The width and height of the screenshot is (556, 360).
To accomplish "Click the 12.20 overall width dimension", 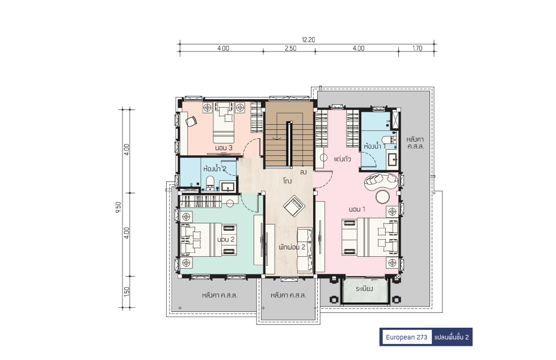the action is [x=308, y=40].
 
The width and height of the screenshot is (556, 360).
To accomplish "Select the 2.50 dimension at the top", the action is [x=290, y=48].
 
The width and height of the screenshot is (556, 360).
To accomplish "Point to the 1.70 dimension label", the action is [x=418, y=48].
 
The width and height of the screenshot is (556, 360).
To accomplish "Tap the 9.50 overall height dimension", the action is [x=119, y=207].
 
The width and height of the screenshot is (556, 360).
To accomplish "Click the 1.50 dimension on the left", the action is [x=127, y=292].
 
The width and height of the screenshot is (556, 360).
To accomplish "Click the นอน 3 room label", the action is [x=224, y=148].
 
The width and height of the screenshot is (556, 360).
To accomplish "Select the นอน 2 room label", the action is [x=226, y=239].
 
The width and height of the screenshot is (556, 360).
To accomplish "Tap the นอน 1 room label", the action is [x=357, y=209].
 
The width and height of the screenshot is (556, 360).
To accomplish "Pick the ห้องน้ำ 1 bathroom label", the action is [x=374, y=146].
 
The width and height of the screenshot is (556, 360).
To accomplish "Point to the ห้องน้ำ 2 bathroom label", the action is [x=214, y=169].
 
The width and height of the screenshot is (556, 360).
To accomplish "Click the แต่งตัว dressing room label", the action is [x=342, y=159].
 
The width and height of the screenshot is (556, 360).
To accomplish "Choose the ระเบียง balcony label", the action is [x=364, y=289].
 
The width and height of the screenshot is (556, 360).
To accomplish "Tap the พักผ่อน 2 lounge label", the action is [x=292, y=247].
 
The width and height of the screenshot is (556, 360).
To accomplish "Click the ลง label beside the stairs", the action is [x=303, y=172].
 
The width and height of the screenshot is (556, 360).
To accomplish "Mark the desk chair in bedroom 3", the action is [x=191, y=121].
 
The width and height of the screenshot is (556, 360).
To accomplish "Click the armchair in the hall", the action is [x=294, y=205].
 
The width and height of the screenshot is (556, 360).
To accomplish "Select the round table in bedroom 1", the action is [x=383, y=197].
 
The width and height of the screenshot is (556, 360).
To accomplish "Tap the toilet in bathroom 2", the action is [x=210, y=183].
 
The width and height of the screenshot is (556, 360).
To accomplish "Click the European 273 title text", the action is [x=406, y=337].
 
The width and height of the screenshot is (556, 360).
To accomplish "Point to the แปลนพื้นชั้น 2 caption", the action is [x=452, y=337].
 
